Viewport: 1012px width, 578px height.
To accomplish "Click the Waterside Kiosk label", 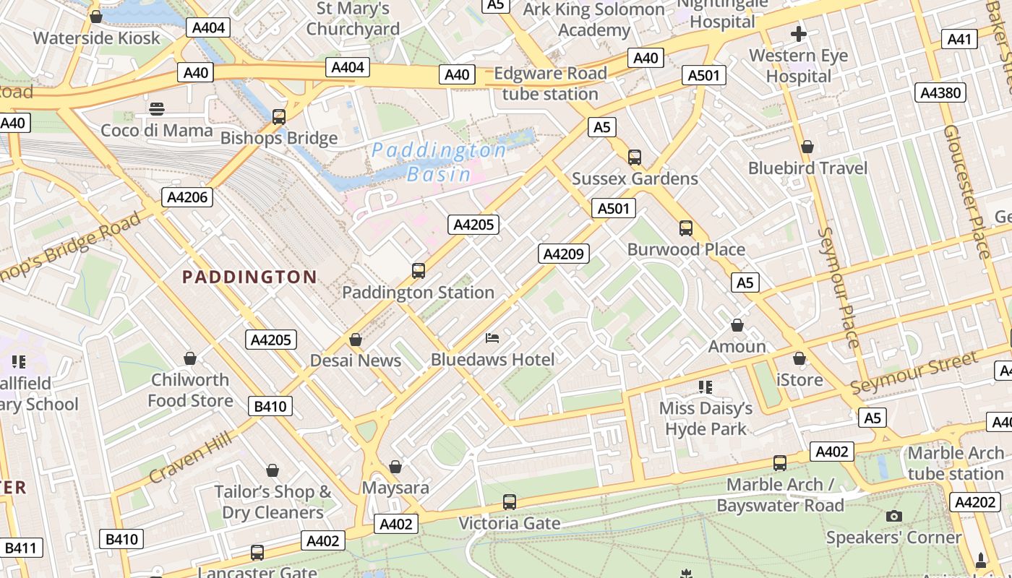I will tap(96, 38).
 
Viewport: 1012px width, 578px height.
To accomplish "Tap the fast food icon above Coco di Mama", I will tap(157, 109).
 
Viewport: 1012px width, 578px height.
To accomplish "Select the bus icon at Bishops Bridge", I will tap(279, 116).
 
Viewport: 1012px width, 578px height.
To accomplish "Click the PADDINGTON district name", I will tap(249, 277).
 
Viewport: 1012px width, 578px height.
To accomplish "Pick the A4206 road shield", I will tap(186, 197).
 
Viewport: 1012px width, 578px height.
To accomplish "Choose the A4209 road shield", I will tap(564, 254).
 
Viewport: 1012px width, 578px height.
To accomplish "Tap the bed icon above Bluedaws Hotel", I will tap(492, 337).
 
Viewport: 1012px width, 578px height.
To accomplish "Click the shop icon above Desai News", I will tap(356, 340).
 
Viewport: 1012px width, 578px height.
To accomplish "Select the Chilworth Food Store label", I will tap(190, 390).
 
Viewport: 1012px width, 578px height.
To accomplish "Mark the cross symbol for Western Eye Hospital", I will tap(799, 34).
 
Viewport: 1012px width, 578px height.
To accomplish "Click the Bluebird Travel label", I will tap(807, 168).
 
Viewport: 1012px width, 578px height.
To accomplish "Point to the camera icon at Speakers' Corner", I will tap(894, 516).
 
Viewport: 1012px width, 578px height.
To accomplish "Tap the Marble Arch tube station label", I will tap(956, 463).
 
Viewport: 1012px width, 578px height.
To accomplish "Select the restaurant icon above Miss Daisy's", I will tap(706, 387).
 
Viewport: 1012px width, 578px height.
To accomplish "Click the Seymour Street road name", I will tap(914, 373).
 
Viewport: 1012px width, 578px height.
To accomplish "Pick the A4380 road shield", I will tap(941, 92).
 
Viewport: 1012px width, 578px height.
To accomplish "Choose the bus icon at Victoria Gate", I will tap(510, 501).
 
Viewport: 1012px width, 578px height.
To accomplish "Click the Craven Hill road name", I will tap(191, 457).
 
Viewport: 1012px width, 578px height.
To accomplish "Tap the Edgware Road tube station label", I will tap(550, 84).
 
